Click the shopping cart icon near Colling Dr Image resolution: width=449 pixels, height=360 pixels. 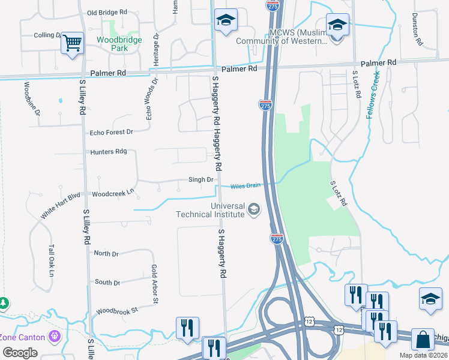[72, 43]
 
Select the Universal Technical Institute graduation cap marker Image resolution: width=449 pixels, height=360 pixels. [254, 209]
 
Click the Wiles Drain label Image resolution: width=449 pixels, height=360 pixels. [246, 185]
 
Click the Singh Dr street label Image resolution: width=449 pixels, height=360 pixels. [201, 179]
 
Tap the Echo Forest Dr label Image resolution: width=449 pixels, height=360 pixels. [111, 132]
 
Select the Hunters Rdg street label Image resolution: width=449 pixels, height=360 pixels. [109, 152]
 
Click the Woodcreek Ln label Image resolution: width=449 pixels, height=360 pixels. [112, 194]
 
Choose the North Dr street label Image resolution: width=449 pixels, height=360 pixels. [106, 254]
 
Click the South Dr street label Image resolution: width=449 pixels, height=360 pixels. [107, 282]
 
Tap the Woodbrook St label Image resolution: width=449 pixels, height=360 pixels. [117, 311]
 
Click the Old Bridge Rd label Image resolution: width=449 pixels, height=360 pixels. [107, 12]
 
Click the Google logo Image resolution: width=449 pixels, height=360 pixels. [20, 352]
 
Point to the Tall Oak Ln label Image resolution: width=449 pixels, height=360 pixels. [52, 261]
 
